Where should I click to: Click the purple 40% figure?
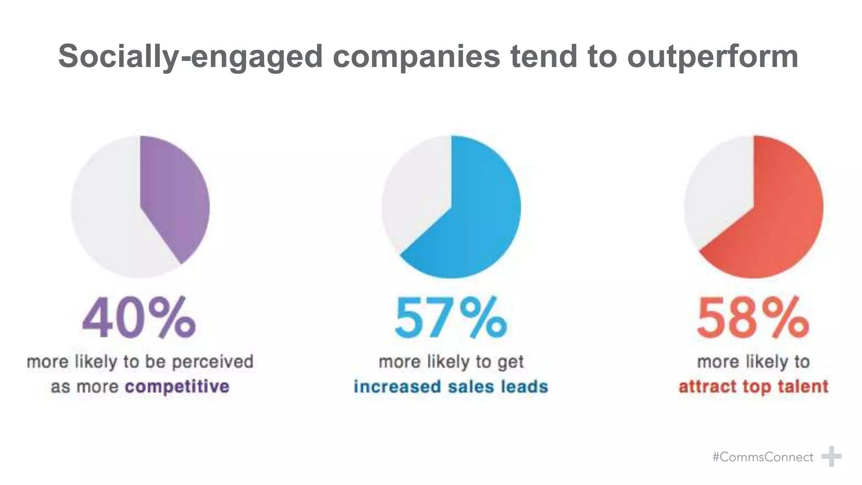139,318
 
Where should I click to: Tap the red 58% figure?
753,318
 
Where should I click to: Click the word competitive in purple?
177,386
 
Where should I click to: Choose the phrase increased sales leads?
451,386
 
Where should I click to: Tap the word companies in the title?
416,56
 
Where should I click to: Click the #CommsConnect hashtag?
763,457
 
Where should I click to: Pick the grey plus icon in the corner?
831,456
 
